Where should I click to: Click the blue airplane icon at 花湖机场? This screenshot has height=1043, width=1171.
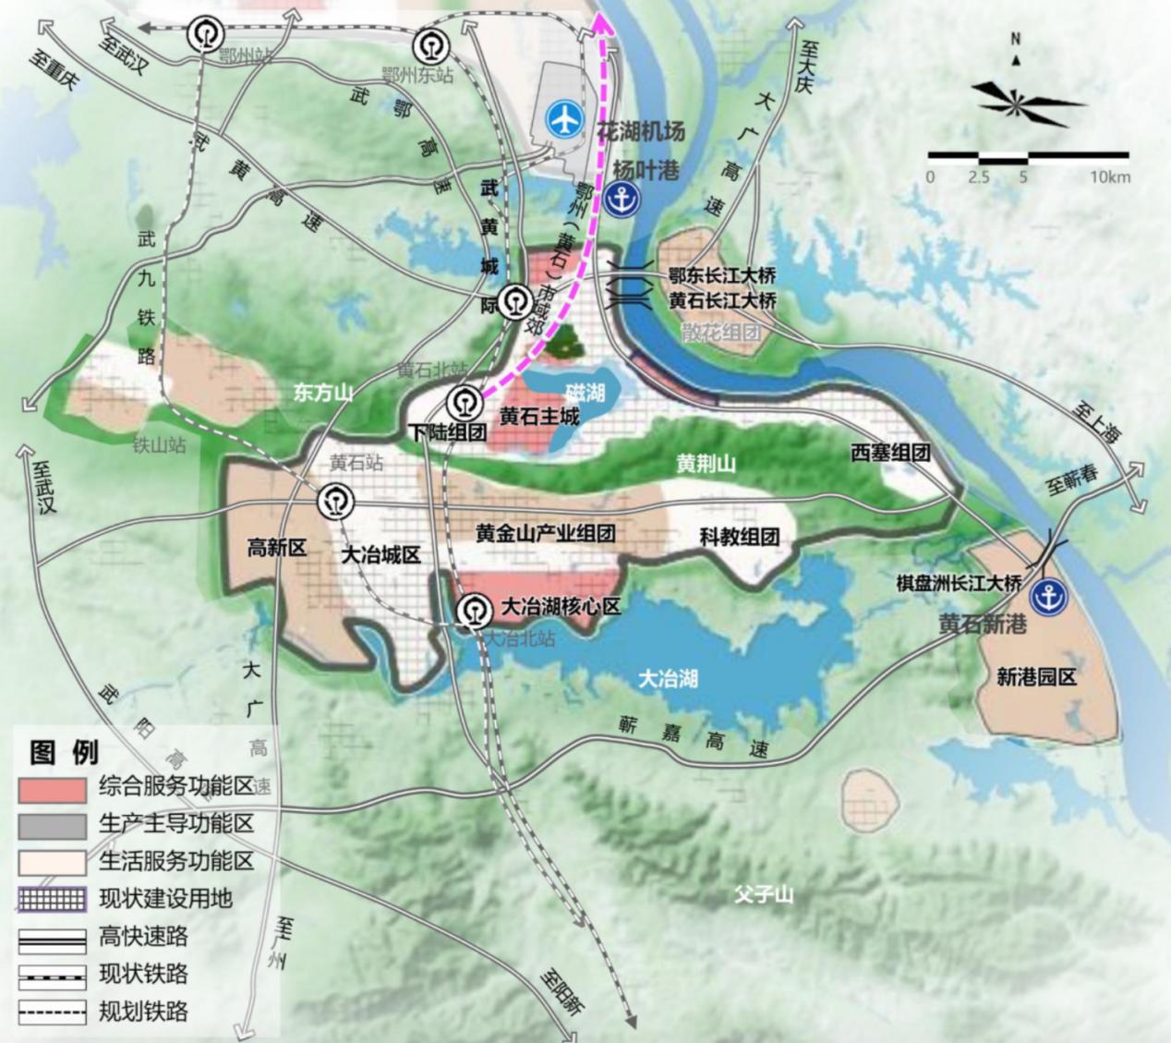point(566,117)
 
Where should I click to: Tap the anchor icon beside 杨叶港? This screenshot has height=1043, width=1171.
point(627,199)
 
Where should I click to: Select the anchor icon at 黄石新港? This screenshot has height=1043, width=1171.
point(1048,597)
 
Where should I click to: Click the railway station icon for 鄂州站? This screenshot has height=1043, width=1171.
point(205,34)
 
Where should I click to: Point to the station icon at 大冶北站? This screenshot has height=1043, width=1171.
point(477,610)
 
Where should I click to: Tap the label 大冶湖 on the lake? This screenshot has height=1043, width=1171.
point(668,679)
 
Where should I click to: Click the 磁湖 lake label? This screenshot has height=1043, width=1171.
point(585,394)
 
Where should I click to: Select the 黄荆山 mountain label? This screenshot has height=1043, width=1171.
point(706,464)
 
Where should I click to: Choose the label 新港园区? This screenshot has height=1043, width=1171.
point(1036,677)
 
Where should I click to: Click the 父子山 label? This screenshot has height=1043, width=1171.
point(764,894)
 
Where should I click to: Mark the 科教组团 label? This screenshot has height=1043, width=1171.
point(739,537)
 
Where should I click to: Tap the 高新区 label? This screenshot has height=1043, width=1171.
point(276,548)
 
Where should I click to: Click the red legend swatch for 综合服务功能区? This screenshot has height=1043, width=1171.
point(52,788)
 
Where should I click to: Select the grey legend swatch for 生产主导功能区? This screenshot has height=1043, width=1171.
point(52,825)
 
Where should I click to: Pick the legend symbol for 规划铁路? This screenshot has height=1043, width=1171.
point(52,1013)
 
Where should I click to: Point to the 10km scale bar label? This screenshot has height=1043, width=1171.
point(1109,176)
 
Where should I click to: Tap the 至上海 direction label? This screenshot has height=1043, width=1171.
point(1096,421)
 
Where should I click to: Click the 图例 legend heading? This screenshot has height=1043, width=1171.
point(64,752)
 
